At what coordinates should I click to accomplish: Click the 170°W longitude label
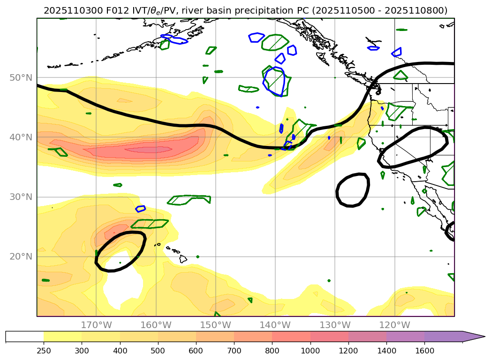(x=96, y=325)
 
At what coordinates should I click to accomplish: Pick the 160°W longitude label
(x=156, y=325)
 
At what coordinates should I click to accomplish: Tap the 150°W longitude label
(x=216, y=325)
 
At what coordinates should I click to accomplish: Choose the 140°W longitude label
(x=275, y=325)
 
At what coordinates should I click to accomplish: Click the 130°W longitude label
(x=335, y=325)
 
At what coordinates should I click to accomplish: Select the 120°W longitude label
(x=394, y=325)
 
